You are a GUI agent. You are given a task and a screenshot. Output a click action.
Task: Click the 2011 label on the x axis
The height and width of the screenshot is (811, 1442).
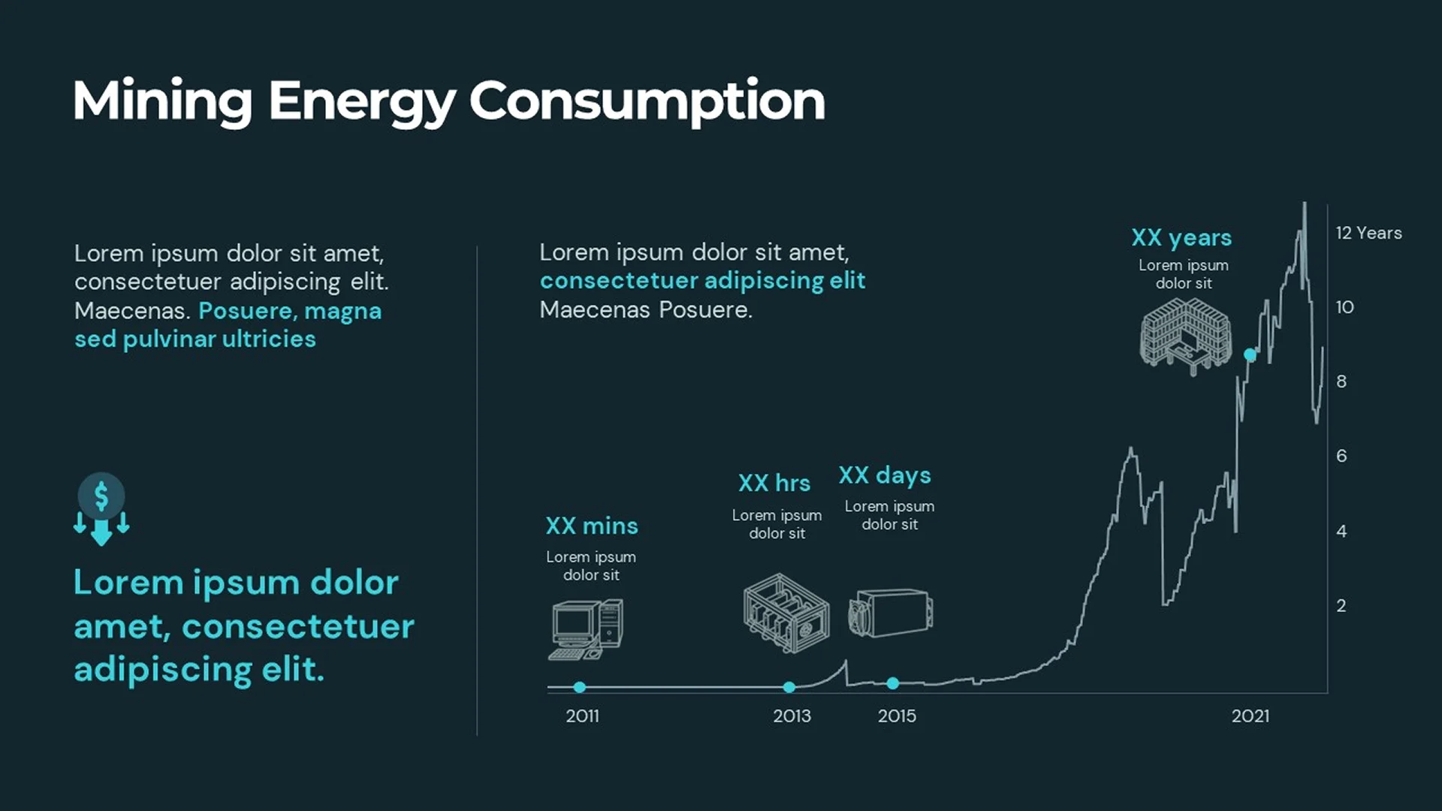click(x=582, y=716)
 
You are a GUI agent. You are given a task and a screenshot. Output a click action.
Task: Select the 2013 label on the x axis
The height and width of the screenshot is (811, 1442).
click(x=792, y=716)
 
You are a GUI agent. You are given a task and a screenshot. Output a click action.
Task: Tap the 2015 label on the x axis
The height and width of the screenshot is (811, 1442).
click(x=897, y=716)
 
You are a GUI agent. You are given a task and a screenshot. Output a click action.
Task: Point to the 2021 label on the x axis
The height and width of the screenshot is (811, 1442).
click(x=1250, y=716)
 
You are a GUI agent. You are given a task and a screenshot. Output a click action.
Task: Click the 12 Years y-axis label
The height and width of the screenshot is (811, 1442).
click(x=1368, y=233)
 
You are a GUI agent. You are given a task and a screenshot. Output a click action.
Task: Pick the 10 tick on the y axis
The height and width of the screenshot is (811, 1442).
click(x=1344, y=307)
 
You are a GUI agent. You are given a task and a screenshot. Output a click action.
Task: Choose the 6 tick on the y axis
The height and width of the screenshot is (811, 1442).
click(x=1341, y=456)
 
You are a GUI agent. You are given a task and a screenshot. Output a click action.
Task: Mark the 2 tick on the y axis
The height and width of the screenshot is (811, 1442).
click(x=1341, y=605)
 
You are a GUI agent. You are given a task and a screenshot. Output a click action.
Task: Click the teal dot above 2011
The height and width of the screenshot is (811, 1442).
click(x=579, y=687)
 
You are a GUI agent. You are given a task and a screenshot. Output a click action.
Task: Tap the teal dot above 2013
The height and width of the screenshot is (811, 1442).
click(x=789, y=687)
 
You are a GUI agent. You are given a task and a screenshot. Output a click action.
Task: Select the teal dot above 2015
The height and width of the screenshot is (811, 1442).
click(x=892, y=683)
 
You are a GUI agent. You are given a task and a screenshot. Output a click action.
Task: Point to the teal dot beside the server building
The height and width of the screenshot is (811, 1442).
click(x=1250, y=354)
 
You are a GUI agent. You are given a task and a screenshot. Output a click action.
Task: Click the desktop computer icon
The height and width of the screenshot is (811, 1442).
click(x=587, y=629)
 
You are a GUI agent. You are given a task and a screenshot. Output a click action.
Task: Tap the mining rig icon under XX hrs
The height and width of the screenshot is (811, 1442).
click(x=786, y=613)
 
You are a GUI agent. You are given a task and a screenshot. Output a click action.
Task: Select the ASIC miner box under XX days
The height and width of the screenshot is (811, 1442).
click(x=891, y=613)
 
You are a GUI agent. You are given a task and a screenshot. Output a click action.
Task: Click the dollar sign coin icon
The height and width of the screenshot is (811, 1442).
click(x=101, y=496)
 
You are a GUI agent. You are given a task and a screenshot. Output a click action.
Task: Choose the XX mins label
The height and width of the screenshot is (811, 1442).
click(x=592, y=526)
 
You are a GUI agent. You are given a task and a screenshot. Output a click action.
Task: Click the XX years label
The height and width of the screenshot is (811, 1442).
click(x=1181, y=237)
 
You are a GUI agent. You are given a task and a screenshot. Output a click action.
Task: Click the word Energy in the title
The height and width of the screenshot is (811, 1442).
click(x=362, y=101)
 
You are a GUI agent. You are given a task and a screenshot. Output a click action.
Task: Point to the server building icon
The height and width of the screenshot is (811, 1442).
click(x=1185, y=336)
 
